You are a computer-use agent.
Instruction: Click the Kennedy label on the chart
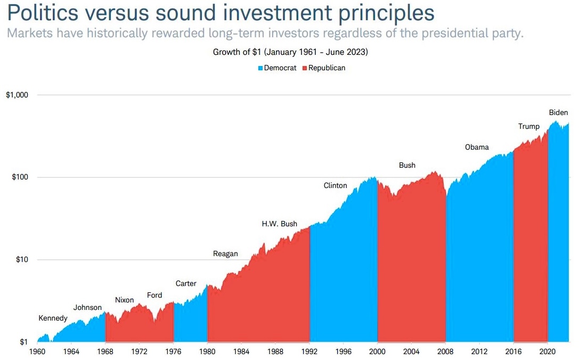tap(53, 318)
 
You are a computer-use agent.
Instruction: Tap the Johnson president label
tap(87, 307)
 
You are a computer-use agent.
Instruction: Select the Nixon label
tap(124, 300)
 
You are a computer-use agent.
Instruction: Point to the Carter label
tap(186, 283)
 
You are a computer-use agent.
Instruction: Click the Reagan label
tap(225, 253)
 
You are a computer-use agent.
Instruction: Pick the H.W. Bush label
tap(279, 224)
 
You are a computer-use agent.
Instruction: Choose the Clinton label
tap(335, 185)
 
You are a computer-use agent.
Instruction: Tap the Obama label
tap(476, 147)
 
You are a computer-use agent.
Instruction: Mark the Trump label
tap(528, 126)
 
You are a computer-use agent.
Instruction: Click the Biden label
tap(558, 112)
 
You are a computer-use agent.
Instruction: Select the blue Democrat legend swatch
tap(260, 68)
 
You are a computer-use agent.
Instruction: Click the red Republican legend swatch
tap(305, 68)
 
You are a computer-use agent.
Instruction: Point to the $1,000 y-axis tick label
tap(17, 95)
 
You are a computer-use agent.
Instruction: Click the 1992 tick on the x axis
tap(309, 351)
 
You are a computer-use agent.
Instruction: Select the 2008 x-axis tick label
tap(445, 351)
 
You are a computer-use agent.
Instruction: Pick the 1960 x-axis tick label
tap(37, 351)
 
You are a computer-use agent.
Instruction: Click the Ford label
tap(154, 295)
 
